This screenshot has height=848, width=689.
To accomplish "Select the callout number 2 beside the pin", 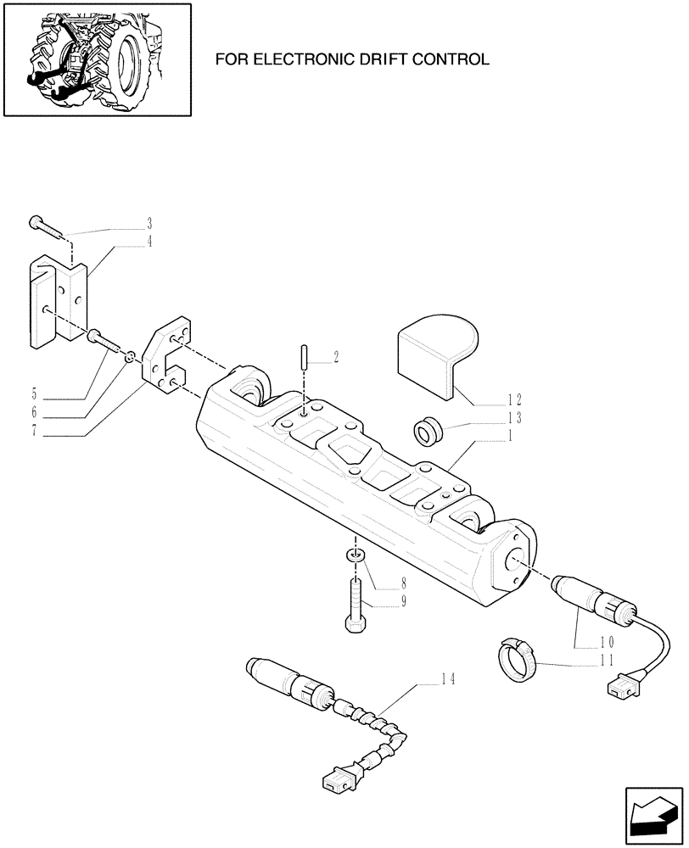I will [x=336, y=358].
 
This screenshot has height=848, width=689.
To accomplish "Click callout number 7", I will [x=34, y=432].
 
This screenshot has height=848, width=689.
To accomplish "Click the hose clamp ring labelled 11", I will [x=518, y=659].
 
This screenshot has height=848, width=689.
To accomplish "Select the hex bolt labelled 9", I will [x=355, y=604].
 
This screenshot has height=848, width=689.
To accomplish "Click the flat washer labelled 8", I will [x=355, y=556].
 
